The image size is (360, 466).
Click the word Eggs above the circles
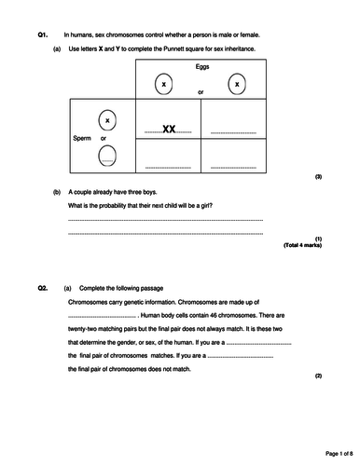coord(202,68)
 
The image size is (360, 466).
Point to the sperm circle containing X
coord(106,121)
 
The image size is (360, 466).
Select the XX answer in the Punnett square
coord(169,130)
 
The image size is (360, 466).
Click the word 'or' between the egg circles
coord(201,92)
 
